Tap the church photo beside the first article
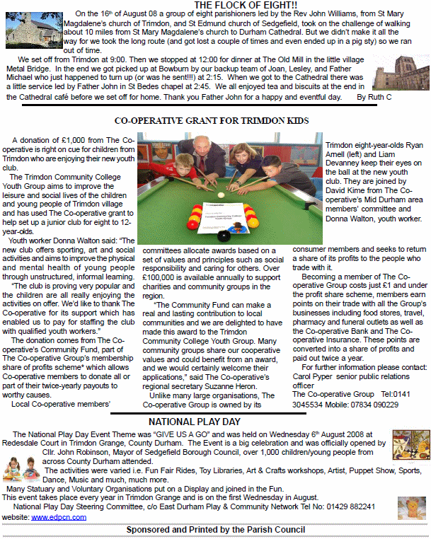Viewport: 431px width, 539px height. coord(25,29)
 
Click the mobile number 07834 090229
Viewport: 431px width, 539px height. coord(376,404)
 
